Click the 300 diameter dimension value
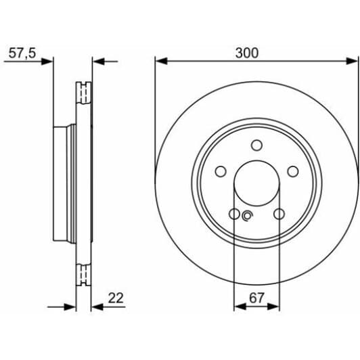pos(247,53)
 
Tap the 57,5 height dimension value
pos(22,53)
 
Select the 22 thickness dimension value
pos(116,298)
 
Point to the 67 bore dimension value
pos(256,298)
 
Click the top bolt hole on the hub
pos(256,145)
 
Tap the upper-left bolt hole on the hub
pos(221,171)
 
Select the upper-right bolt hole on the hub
pos(293,171)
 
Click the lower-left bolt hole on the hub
pos(234,214)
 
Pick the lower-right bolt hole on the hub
pos(279,214)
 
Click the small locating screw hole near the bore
pos(247,216)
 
